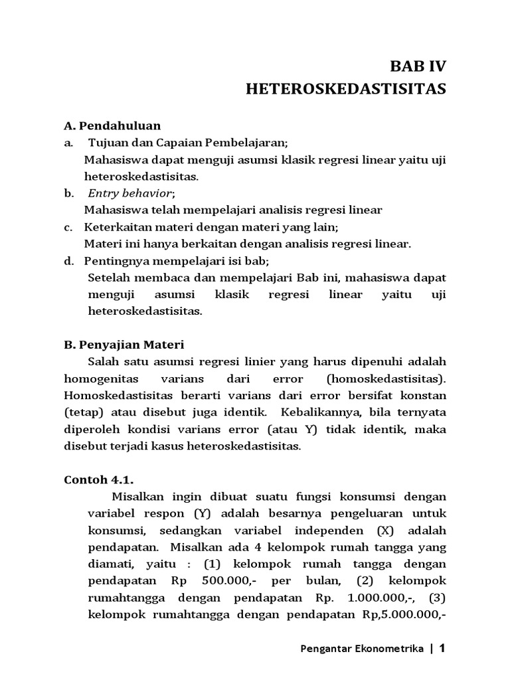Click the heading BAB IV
pos(418,66)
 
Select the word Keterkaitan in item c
pos(116,227)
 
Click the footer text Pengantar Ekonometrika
pos(359,650)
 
